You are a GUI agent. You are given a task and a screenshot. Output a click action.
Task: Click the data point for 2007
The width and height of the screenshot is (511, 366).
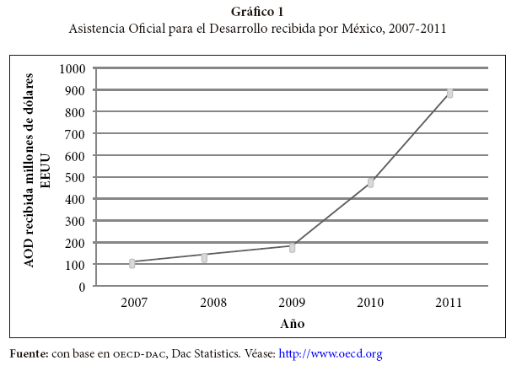click(x=132, y=263)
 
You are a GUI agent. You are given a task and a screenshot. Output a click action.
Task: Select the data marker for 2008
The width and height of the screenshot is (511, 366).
click(x=204, y=256)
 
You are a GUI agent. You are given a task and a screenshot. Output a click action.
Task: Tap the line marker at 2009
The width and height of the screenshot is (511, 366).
click(x=292, y=247)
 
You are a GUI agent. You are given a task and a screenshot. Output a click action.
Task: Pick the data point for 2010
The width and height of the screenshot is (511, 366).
click(x=370, y=182)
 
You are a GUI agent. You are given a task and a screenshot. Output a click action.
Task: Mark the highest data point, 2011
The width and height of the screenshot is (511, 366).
click(x=450, y=93)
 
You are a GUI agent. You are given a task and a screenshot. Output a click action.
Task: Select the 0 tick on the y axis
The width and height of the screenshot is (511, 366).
click(x=82, y=287)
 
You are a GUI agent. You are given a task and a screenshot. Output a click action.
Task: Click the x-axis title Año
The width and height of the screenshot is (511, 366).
click(x=292, y=324)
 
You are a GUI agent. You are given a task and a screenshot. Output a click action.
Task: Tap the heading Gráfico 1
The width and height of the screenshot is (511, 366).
click(x=255, y=11)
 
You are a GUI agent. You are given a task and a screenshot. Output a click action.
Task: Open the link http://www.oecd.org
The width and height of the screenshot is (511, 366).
click(x=331, y=353)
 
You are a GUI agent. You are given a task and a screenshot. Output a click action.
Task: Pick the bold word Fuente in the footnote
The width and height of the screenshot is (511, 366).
click(x=29, y=353)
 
